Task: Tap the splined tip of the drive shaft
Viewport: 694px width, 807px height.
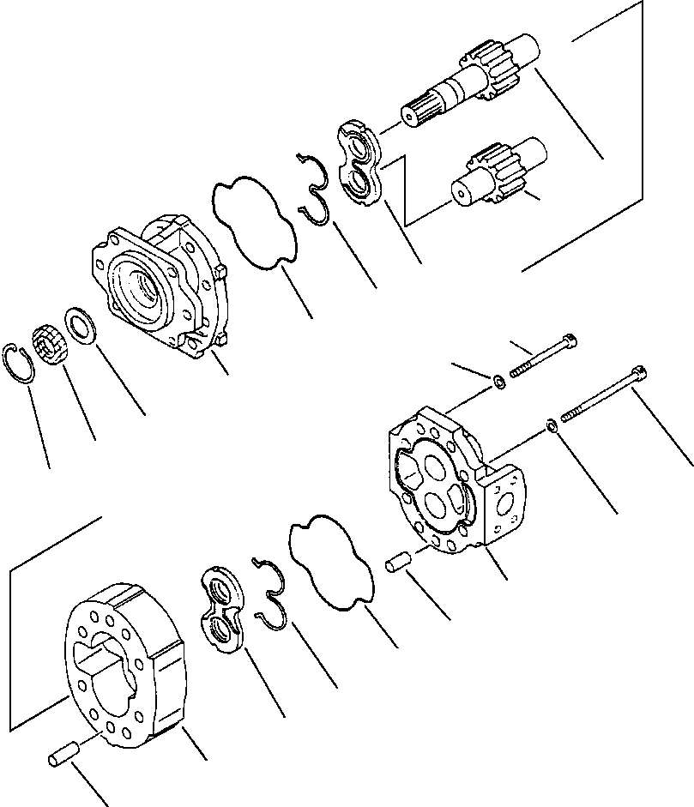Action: (x=417, y=114)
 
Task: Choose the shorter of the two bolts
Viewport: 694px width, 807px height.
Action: (x=545, y=356)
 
